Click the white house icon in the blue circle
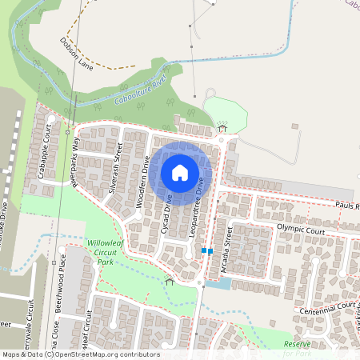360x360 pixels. coord(180,172)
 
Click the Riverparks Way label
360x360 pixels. coord(75,165)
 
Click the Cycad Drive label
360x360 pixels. coord(168,213)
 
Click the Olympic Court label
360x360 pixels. coord(301,229)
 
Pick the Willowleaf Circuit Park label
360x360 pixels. coord(107,251)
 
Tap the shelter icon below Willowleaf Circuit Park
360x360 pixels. coord(169,281)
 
